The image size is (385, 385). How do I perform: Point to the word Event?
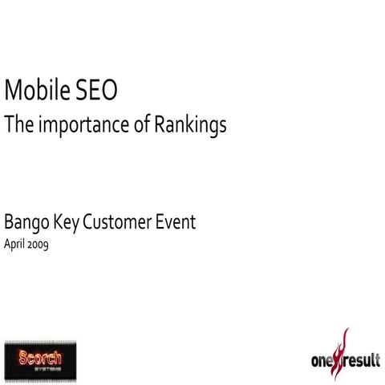pos(177,222)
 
